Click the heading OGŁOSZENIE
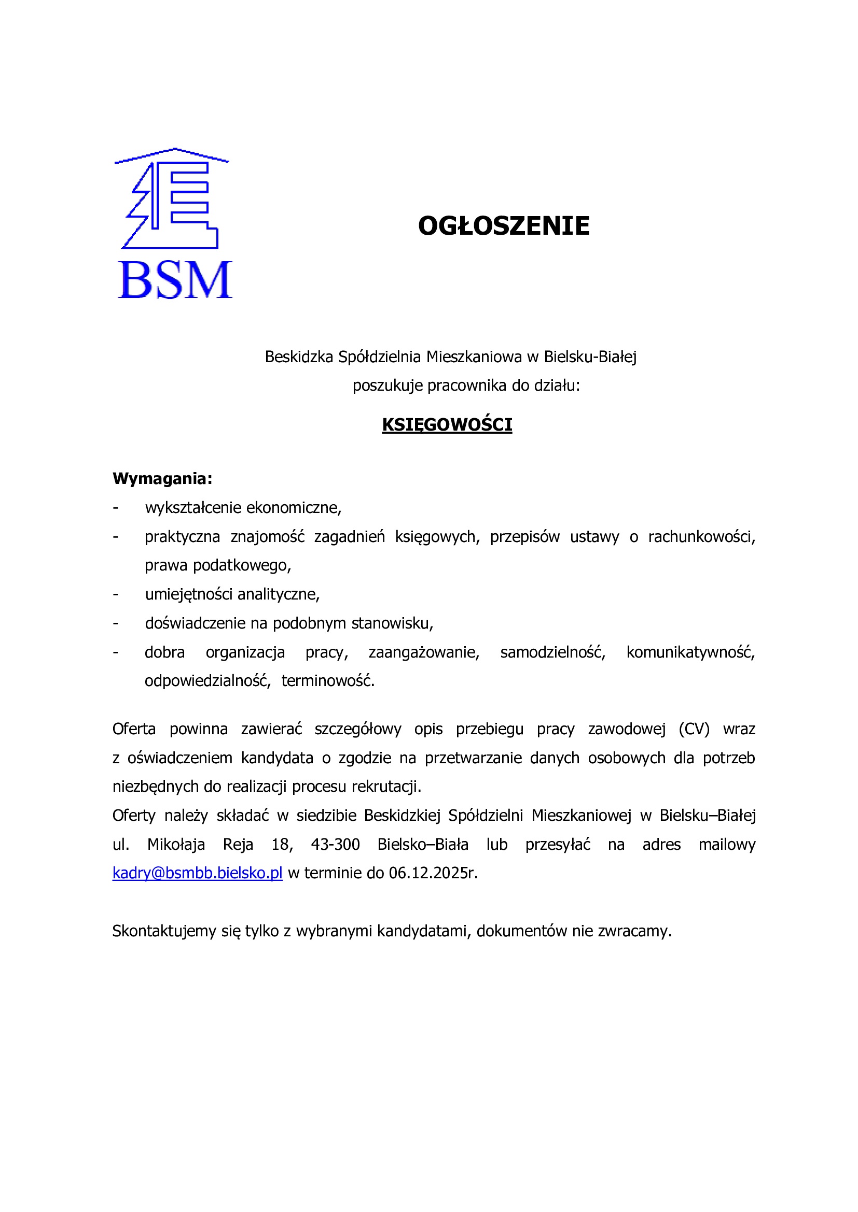504,226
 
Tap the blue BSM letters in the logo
174,280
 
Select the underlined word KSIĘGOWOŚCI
447,425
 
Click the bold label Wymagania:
162,479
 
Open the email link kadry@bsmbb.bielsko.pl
197,873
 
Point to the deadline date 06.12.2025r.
433,873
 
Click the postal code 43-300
336,845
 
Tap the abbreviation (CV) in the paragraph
694,729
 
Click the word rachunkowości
701,537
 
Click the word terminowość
327,681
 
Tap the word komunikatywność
690,652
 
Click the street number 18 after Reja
282,845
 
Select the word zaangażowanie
424,652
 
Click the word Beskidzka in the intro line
298,358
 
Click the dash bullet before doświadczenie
116,624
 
